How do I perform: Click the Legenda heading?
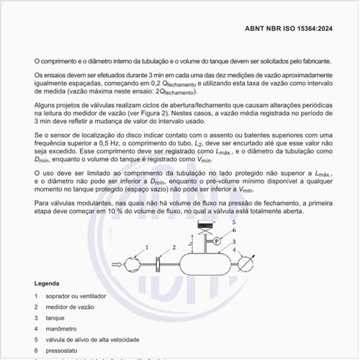[48, 284]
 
